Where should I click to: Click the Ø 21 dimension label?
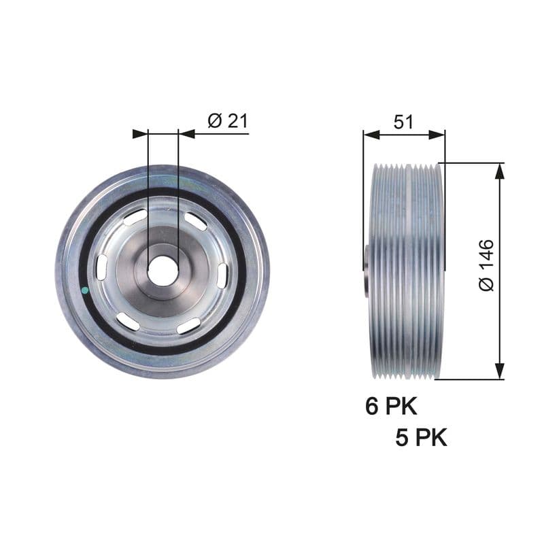coord(227,121)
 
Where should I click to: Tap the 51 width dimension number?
coord(404,122)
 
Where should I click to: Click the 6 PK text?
coord(390,407)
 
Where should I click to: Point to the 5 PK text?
coord(422,437)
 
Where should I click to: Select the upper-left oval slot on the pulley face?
coord(135,218)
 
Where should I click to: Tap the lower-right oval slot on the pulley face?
coord(188,326)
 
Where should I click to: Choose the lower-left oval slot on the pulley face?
coord(128,322)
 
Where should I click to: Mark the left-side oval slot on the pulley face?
coord(101,268)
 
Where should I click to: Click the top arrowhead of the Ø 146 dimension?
coord(500,171)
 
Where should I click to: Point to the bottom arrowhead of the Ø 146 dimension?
coord(500,371)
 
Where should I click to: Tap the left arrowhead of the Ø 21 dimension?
coord(140,133)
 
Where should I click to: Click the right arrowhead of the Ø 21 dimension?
coord(186,133)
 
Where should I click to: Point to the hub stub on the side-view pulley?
coord(366,270)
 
